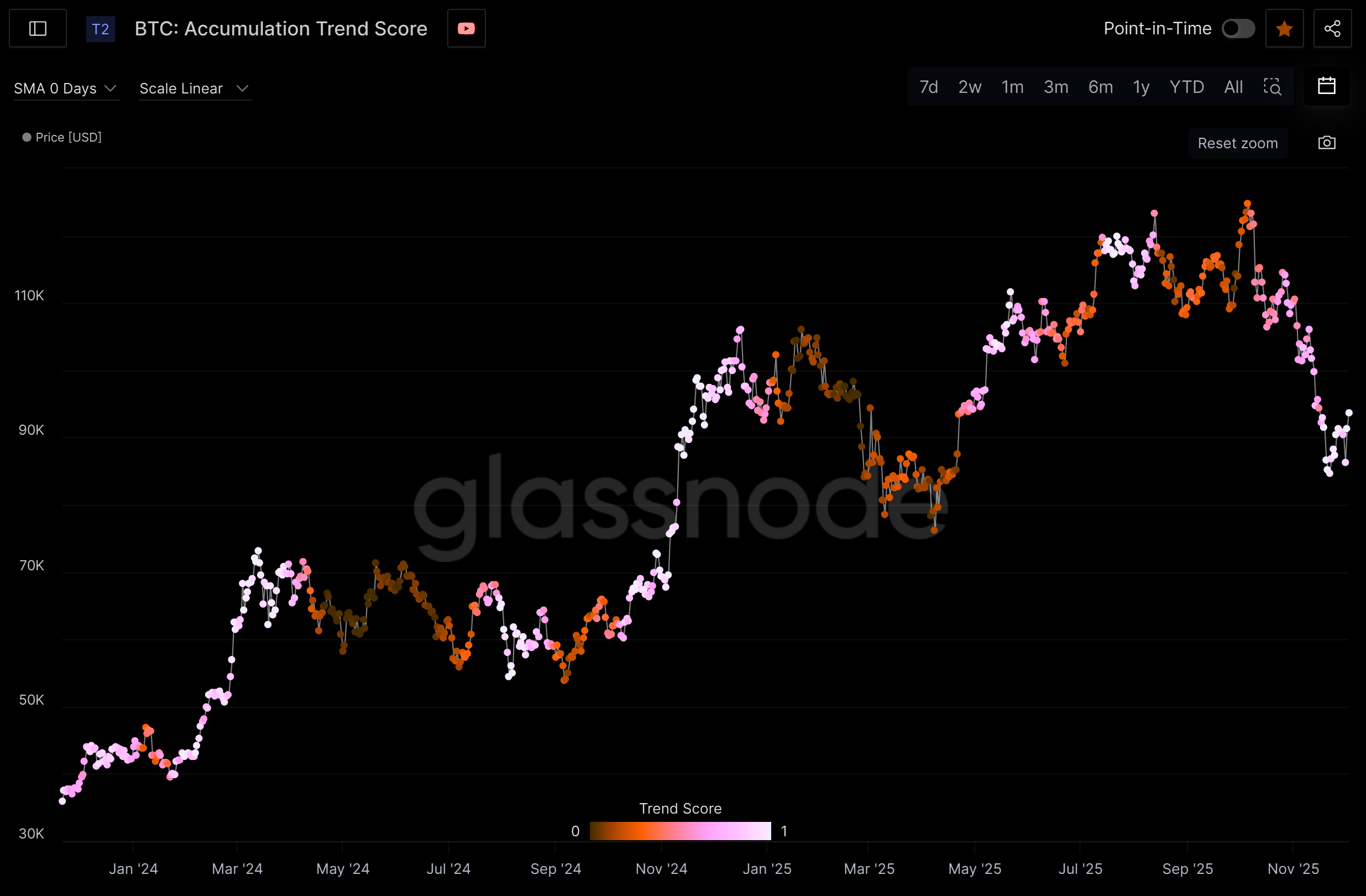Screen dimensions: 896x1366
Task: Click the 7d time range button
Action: coord(928,87)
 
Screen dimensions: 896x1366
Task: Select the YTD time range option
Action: coord(1186,87)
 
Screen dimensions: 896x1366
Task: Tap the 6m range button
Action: coord(1100,87)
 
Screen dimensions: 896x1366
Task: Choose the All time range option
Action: coord(1233,87)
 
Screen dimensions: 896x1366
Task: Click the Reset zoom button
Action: coord(1237,143)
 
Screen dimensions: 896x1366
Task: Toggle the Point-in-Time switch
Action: coord(1238,29)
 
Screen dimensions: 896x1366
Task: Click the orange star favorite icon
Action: coord(1284,29)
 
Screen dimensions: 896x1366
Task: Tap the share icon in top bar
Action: coord(1332,29)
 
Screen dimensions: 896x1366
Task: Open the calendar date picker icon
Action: coord(1326,86)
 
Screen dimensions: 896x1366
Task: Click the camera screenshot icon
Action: coord(1326,143)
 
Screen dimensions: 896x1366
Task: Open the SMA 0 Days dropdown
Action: coord(65,88)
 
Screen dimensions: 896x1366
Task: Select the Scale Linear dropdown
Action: coord(194,88)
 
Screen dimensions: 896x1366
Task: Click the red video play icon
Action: coord(466,29)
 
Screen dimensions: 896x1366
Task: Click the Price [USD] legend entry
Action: coord(62,137)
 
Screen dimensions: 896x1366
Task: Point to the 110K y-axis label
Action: coord(29,296)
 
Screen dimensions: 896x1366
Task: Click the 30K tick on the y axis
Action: coord(31,834)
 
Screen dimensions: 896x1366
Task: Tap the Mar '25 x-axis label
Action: coord(869,869)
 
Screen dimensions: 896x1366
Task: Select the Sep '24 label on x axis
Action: coord(556,869)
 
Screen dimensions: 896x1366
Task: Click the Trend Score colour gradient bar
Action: coord(680,831)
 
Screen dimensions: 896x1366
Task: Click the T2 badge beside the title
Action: coord(101,29)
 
